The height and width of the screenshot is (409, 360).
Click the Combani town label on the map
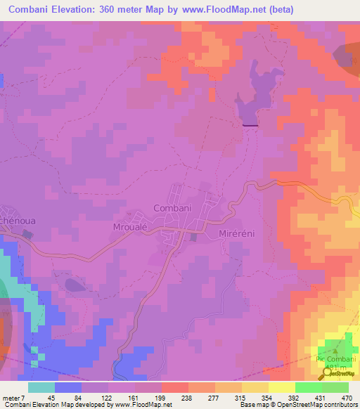coord(172,208)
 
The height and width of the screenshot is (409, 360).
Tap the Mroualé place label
coord(132,227)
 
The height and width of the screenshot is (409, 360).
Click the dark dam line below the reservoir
coord(250,125)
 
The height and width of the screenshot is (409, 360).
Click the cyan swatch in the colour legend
coord(41,387)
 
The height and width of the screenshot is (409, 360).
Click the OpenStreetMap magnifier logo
coord(328,373)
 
